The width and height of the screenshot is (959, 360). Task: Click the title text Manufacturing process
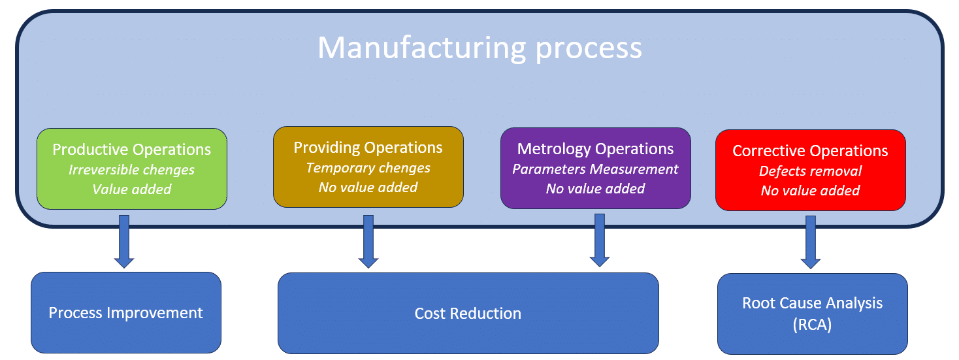pos(479,48)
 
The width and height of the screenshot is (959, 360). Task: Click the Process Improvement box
pos(125,313)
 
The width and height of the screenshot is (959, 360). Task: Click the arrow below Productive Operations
pos(124,241)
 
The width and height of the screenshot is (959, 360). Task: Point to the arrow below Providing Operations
pos(368,241)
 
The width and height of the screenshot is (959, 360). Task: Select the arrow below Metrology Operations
pos(599,240)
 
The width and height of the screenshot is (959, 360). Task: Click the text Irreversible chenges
pos(131,170)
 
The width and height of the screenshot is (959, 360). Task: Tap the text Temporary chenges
pos(368,168)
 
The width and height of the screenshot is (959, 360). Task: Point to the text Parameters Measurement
pos(595,169)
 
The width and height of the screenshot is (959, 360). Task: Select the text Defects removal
pos(810,171)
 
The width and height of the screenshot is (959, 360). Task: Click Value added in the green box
pos(131,189)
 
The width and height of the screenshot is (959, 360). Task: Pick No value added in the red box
pos(810,191)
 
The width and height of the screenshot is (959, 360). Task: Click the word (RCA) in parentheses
pos(812,325)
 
